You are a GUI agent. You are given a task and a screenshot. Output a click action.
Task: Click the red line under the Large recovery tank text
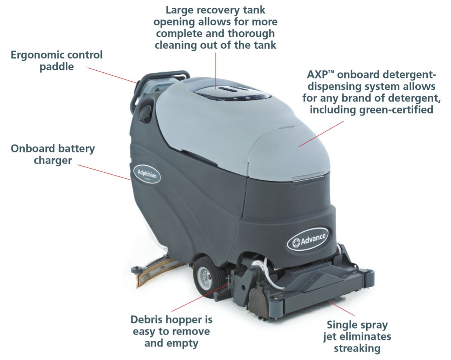tap(216, 69)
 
